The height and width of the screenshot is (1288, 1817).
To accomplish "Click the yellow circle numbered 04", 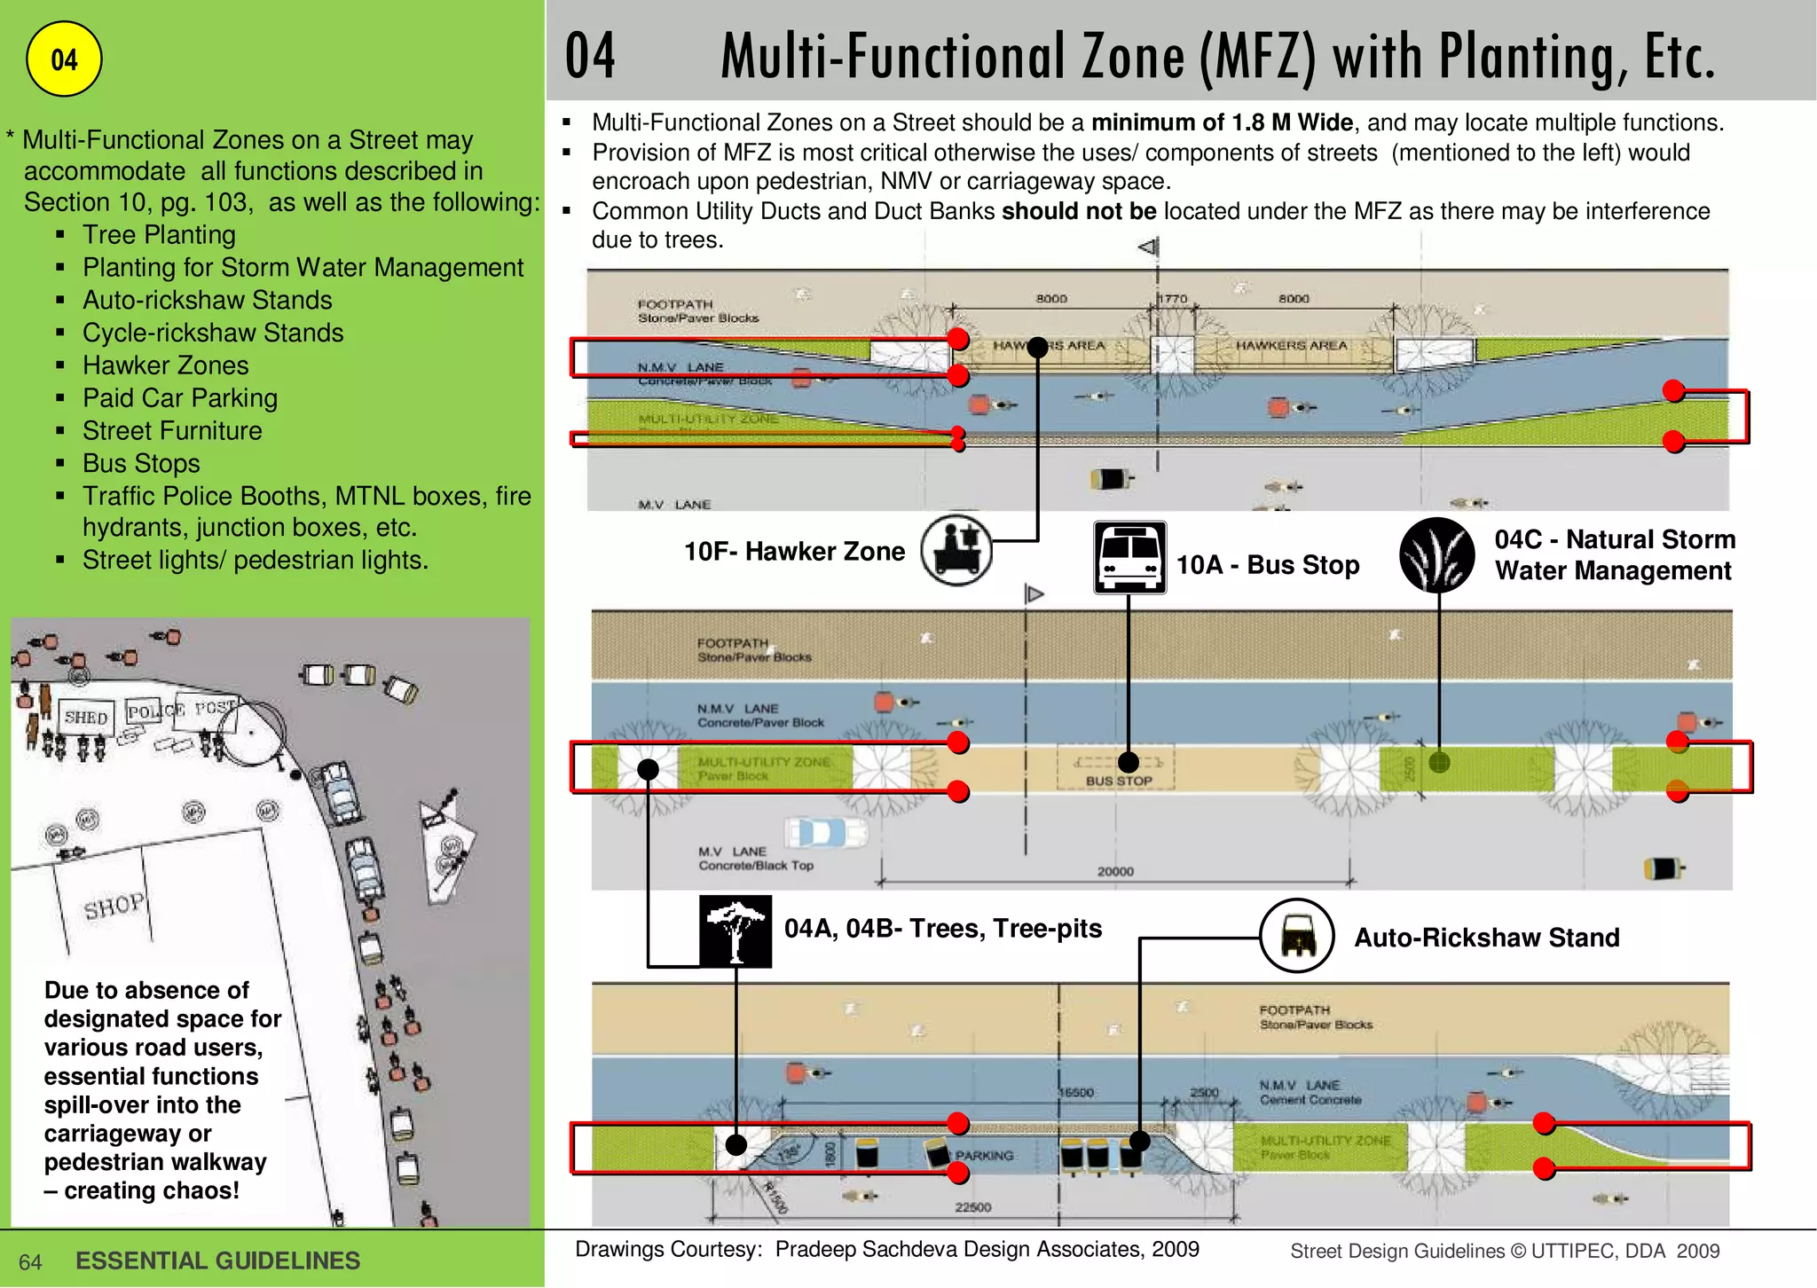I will coord(64,59).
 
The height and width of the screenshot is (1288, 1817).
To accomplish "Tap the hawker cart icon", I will coord(956,550).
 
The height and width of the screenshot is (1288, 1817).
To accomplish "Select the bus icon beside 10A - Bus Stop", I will coord(1129,557).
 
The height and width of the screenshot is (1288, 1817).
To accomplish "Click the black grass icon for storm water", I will coord(1436,555).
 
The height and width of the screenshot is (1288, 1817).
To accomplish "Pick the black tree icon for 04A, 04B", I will coord(735,931).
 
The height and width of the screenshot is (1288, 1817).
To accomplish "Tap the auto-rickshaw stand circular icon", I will coord(1297,936).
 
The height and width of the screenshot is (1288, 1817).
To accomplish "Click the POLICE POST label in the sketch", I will coord(182,710).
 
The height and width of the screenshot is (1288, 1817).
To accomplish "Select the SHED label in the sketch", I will coord(86,717).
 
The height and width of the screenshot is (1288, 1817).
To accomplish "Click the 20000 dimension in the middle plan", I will coord(1115,871).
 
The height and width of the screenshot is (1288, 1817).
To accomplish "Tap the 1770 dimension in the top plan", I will coord(1173,299).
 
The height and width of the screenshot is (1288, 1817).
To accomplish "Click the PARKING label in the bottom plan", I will coord(985,1155).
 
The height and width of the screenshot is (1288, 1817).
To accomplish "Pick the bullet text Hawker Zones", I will coord(165,365).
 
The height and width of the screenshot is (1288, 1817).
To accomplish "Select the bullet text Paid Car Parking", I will coord(180,398).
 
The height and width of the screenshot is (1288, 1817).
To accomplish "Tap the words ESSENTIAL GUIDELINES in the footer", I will coord(217,1261).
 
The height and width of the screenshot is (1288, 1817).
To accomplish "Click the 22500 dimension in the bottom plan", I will coord(972,1206).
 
